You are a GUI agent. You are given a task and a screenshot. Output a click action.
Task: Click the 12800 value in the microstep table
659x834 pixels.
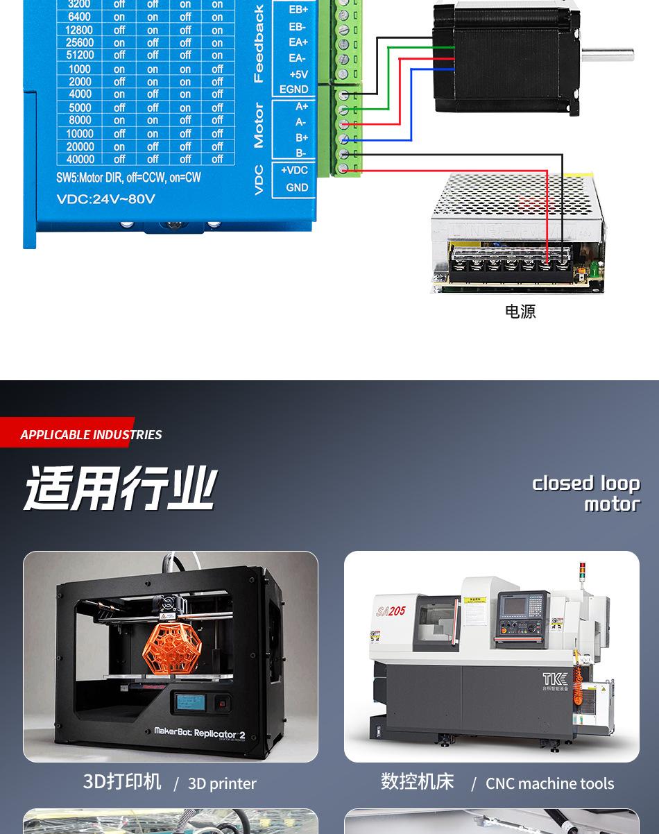[x=79, y=30]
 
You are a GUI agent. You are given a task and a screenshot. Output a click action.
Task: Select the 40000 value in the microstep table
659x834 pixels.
[x=80, y=159]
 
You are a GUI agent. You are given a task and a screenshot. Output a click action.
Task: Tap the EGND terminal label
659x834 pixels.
[x=293, y=90]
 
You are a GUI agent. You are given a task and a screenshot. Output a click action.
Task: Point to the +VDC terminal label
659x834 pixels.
[x=294, y=171]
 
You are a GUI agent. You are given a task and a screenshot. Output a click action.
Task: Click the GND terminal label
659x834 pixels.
[x=297, y=187]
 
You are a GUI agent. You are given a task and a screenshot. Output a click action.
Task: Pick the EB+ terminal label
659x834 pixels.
[x=298, y=10]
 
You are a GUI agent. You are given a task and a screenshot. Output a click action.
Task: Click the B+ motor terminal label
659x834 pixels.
[x=301, y=137]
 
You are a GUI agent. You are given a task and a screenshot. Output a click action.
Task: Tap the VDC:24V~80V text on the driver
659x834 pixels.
[x=105, y=199]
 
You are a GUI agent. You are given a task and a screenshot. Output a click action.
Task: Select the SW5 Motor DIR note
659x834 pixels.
[x=128, y=178]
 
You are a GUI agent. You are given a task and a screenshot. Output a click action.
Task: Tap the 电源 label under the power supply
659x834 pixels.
[x=520, y=312]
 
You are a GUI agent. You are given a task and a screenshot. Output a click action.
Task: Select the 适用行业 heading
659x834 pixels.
[x=120, y=488]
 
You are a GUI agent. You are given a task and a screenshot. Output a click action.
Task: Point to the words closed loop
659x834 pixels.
[x=585, y=483]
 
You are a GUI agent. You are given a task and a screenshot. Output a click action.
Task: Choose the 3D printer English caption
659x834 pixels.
[x=222, y=783]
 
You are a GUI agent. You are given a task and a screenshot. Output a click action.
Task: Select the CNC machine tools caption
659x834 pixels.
[x=549, y=783]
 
